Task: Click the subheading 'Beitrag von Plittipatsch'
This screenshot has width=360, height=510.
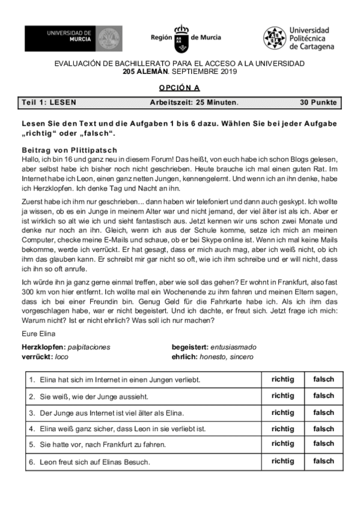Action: (x=69, y=150)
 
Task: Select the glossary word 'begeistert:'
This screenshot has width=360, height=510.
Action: (x=189, y=348)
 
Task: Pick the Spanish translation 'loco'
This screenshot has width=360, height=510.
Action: (x=62, y=357)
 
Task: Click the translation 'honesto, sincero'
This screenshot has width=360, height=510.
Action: (x=227, y=357)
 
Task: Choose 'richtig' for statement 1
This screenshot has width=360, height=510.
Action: (x=282, y=379)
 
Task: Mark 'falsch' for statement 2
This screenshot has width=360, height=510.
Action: (x=323, y=396)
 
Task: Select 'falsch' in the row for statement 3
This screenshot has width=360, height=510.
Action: (x=323, y=413)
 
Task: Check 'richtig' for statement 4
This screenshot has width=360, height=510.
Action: (x=282, y=429)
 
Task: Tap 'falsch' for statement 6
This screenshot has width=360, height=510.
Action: (x=323, y=461)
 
